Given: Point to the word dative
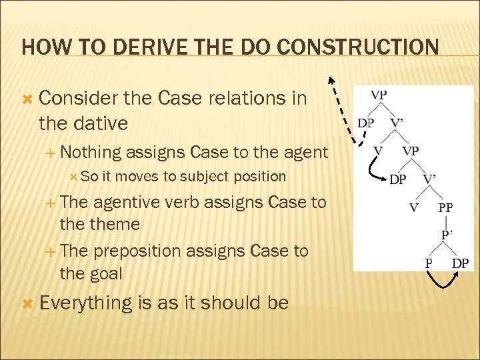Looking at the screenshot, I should [102, 124].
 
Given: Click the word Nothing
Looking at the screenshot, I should [89, 153].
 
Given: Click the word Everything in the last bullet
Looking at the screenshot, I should [87, 303].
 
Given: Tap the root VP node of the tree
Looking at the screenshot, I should [378, 95].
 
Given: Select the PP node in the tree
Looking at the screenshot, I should [445, 207].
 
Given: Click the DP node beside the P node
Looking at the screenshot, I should [459, 263].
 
